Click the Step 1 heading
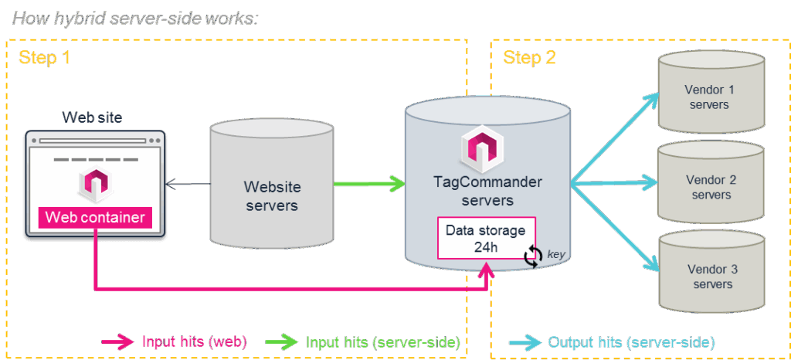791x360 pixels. click(45, 58)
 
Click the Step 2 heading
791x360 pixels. click(529, 58)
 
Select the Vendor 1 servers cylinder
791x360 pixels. click(710, 94)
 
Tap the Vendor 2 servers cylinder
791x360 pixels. click(710, 185)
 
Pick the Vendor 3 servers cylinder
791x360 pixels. click(710, 276)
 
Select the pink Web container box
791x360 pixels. click(94, 217)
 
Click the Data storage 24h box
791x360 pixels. click(485, 239)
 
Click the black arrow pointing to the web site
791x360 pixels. click(188, 184)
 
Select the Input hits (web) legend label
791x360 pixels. click(194, 341)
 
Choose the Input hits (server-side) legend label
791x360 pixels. click(383, 341)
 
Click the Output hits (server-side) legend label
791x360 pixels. click(630, 341)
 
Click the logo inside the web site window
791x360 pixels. click(94, 184)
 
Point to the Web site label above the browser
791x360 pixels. click(92, 117)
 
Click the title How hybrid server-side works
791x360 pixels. click(134, 17)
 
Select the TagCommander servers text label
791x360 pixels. click(487, 192)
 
